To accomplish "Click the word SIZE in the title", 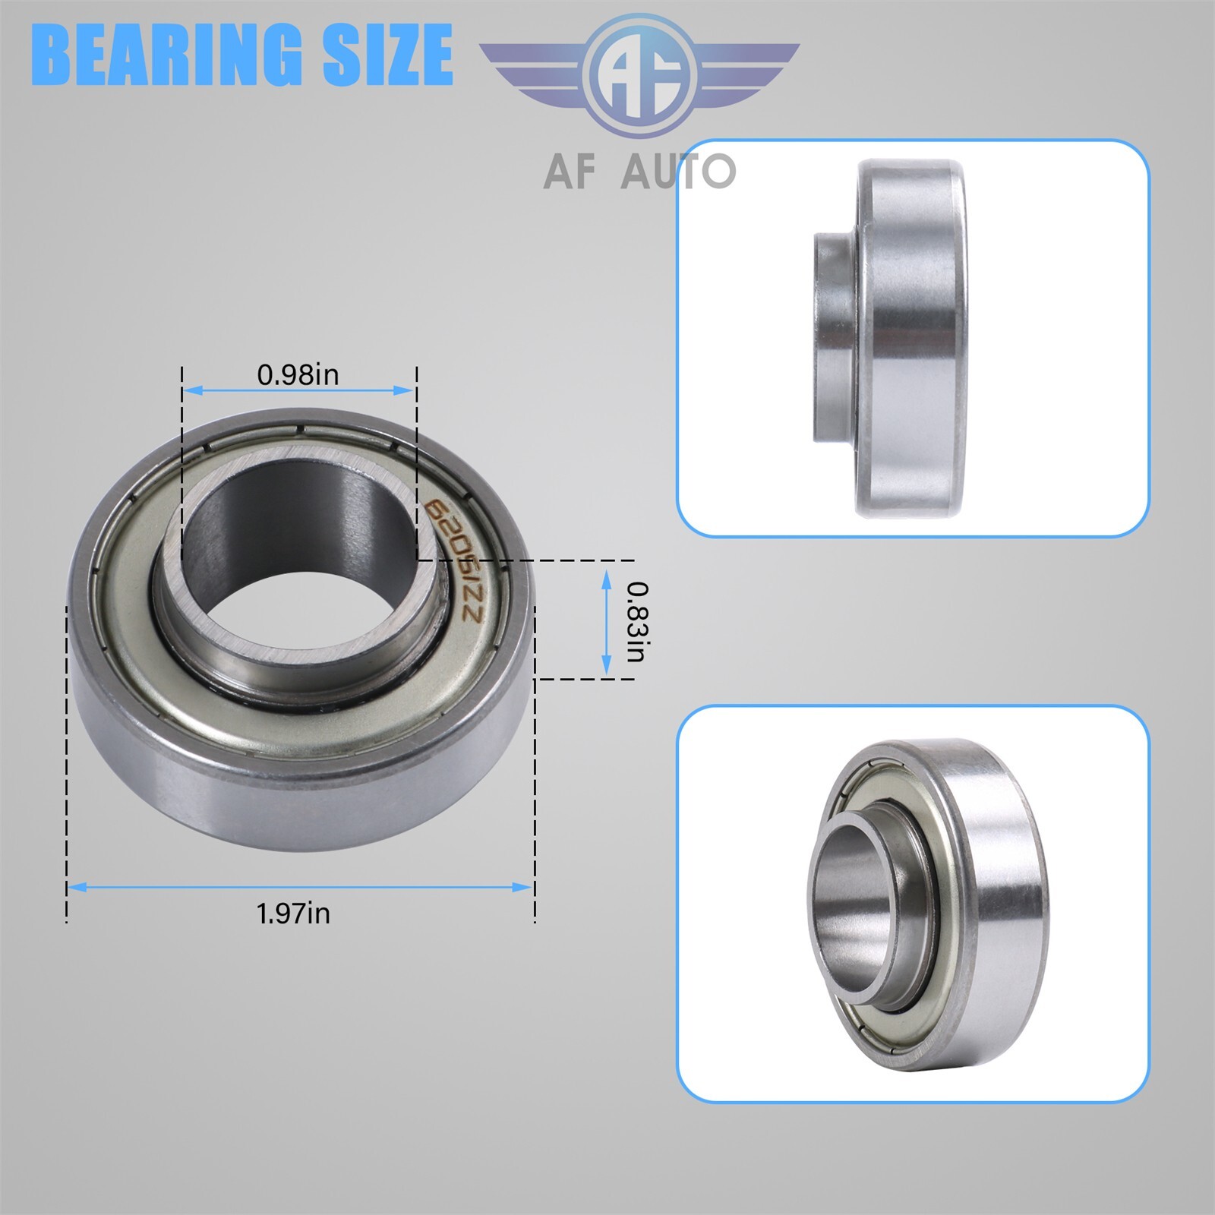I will [x=387, y=55].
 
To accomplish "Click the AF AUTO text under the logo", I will [x=639, y=172].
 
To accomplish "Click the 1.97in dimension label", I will [x=294, y=913].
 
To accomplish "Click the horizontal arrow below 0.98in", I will [x=298, y=390].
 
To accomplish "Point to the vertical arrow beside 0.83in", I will [x=606, y=621].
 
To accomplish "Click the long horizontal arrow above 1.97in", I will [x=300, y=887].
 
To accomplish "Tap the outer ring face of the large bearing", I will [x=304, y=790].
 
